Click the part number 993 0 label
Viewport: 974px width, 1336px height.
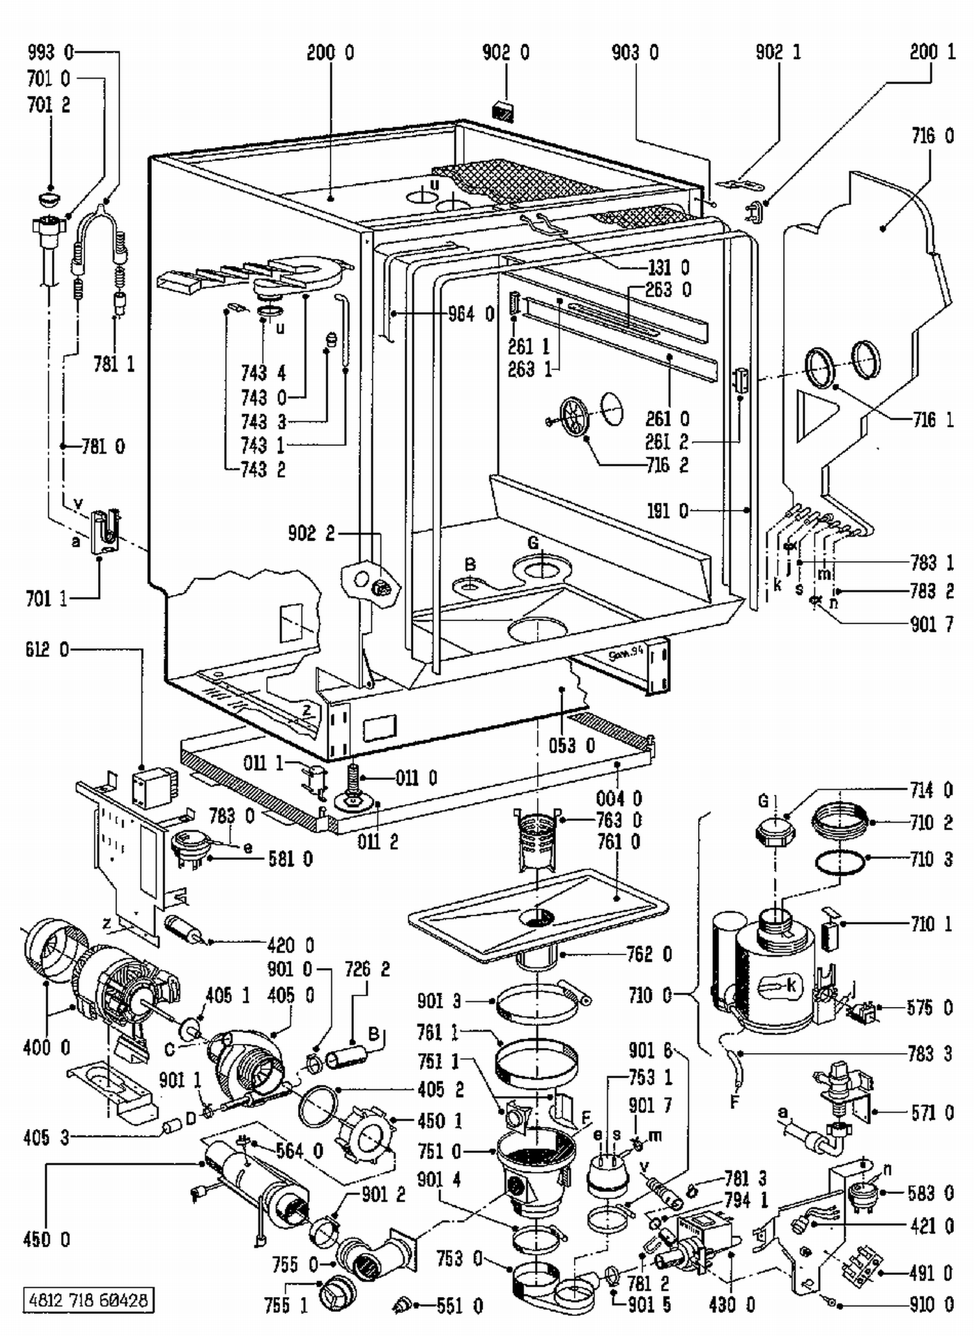tap(51, 52)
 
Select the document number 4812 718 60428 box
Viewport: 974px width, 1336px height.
tap(88, 1300)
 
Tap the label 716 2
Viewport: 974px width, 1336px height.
tap(667, 465)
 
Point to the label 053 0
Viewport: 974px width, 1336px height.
tap(571, 746)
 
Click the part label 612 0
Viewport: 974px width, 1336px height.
tap(47, 650)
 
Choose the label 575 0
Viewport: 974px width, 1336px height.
tap(930, 1008)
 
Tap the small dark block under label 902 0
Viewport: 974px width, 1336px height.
tap(503, 111)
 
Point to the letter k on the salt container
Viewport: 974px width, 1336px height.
tap(791, 986)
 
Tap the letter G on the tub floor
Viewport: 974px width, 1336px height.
tap(533, 542)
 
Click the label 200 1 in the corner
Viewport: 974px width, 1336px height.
tap(932, 52)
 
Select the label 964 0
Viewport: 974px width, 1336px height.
tap(471, 315)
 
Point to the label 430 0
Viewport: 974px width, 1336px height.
tap(732, 1305)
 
